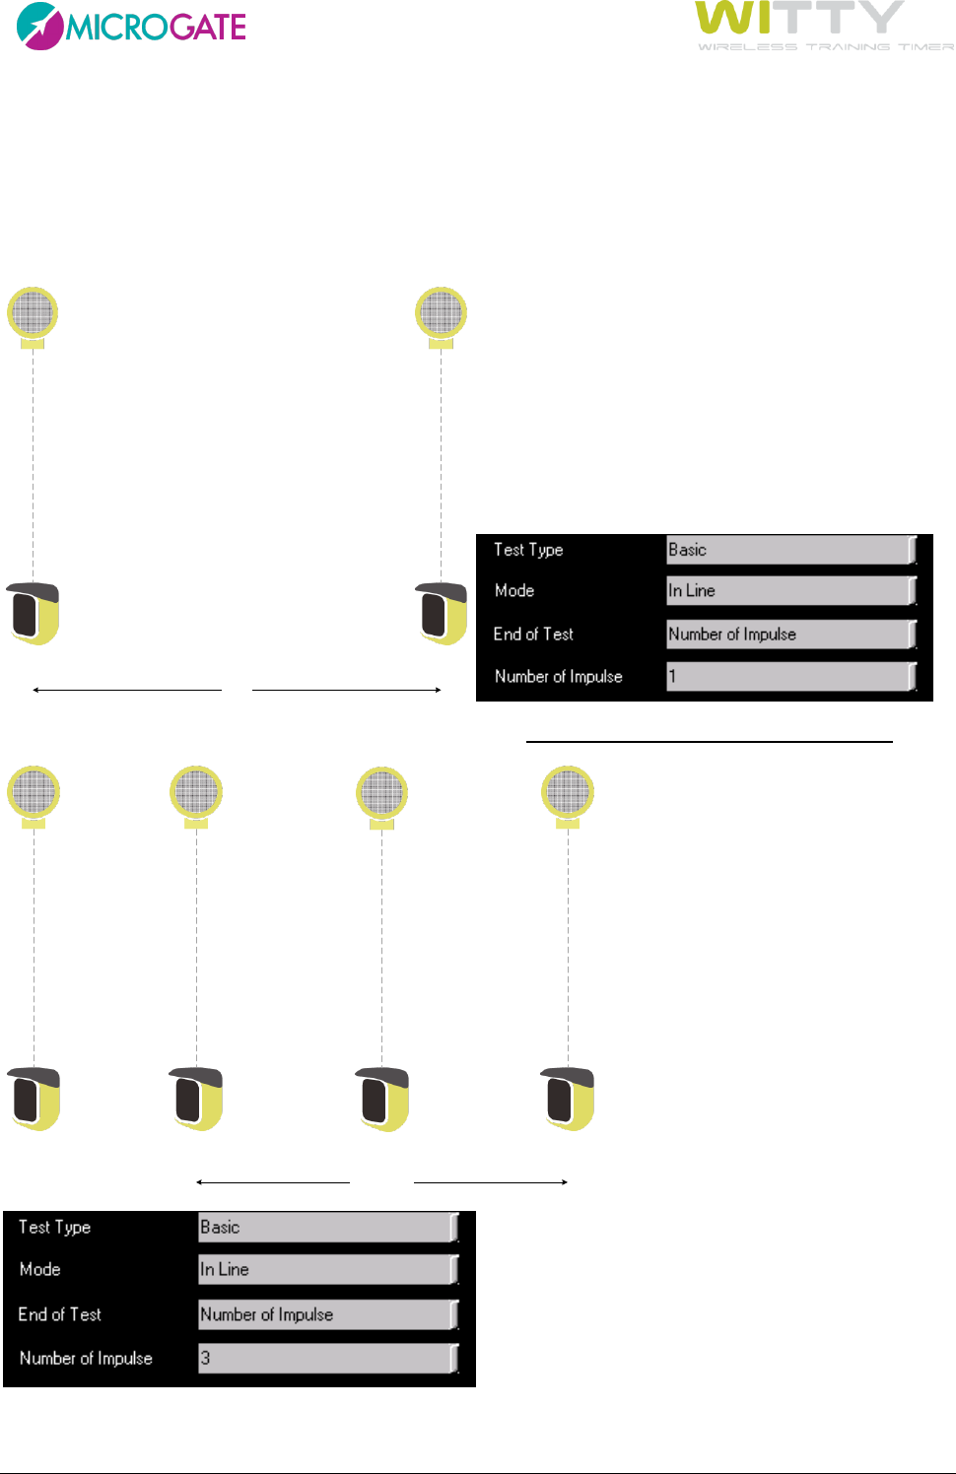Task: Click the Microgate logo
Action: point(131,26)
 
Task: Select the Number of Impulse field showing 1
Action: point(790,677)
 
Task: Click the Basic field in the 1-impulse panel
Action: point(790,550)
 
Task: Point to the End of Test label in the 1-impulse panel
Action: point(533,635)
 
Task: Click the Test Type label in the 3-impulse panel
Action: point(55,1227)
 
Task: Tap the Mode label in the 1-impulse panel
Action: point(514,591)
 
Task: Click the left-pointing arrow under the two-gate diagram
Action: point(127,690)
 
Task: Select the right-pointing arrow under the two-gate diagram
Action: point(347,690)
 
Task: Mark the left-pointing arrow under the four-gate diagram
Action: point(273,1181)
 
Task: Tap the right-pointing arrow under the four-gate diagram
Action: point(491,1181)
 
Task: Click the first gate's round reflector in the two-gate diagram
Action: point(33,313)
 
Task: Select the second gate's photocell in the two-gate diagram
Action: point(441,613)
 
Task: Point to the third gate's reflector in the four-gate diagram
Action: point(381,793)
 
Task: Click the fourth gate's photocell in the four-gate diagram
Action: point(569,1099)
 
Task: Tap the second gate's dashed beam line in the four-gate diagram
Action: point(196,946)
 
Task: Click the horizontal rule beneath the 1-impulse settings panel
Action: point(709,740)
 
